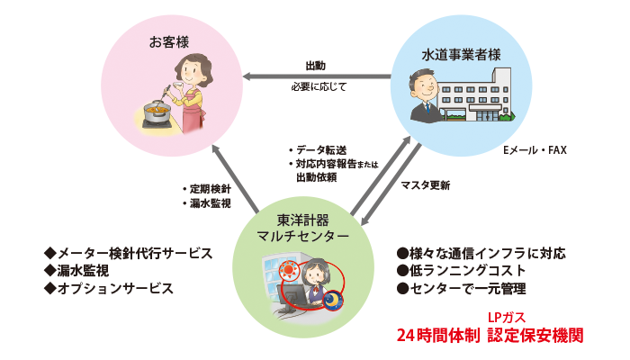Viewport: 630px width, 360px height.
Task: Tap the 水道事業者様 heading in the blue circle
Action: pyautogui.click(x=461, y=54)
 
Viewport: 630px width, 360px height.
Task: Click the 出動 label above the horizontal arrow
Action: pyautogui.click(x=316, y=67)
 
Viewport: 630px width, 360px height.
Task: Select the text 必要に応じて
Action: pyautogui.click(x=318, y=88)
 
